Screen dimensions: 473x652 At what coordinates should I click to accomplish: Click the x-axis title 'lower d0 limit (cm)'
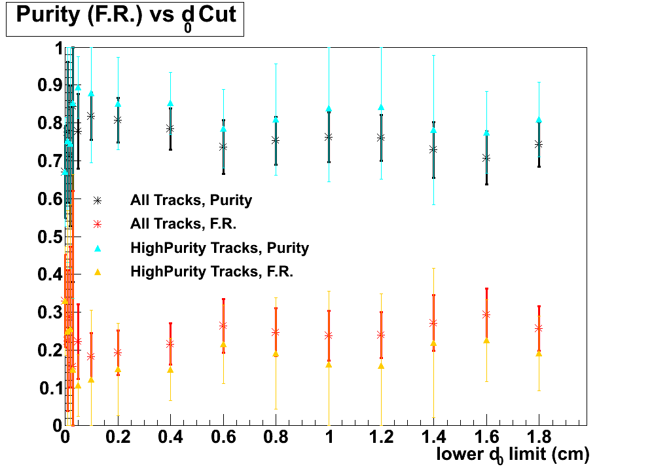(x=513, y=454)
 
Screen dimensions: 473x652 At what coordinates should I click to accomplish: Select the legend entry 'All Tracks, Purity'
(x=190, y=200)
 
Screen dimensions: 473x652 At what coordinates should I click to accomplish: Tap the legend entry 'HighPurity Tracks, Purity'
(x=219, y=248)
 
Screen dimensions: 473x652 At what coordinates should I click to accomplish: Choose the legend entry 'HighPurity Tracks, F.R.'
(x=211, y=271)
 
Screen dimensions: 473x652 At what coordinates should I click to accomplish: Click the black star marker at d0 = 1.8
(x=539, y=144)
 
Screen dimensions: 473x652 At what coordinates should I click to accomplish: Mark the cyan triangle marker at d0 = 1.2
(x=381, y=107)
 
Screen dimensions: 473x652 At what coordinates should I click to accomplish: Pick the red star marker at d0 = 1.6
(x=486, y=314)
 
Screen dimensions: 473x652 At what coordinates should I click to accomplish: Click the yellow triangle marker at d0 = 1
(x=329, y=364)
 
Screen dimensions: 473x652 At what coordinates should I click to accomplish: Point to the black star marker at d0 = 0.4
(x=170, y=128)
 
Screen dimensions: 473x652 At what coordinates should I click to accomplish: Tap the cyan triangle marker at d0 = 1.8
(x=539, y=120)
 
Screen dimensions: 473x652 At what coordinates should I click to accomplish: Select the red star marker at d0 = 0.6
(x=223, y=325)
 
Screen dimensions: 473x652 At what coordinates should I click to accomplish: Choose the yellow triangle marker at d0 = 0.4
(x=170, y=370)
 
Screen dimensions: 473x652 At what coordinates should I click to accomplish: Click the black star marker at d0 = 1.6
(x=486, y=158)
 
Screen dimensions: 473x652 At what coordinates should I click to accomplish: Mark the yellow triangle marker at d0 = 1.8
(x=539, y=353)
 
